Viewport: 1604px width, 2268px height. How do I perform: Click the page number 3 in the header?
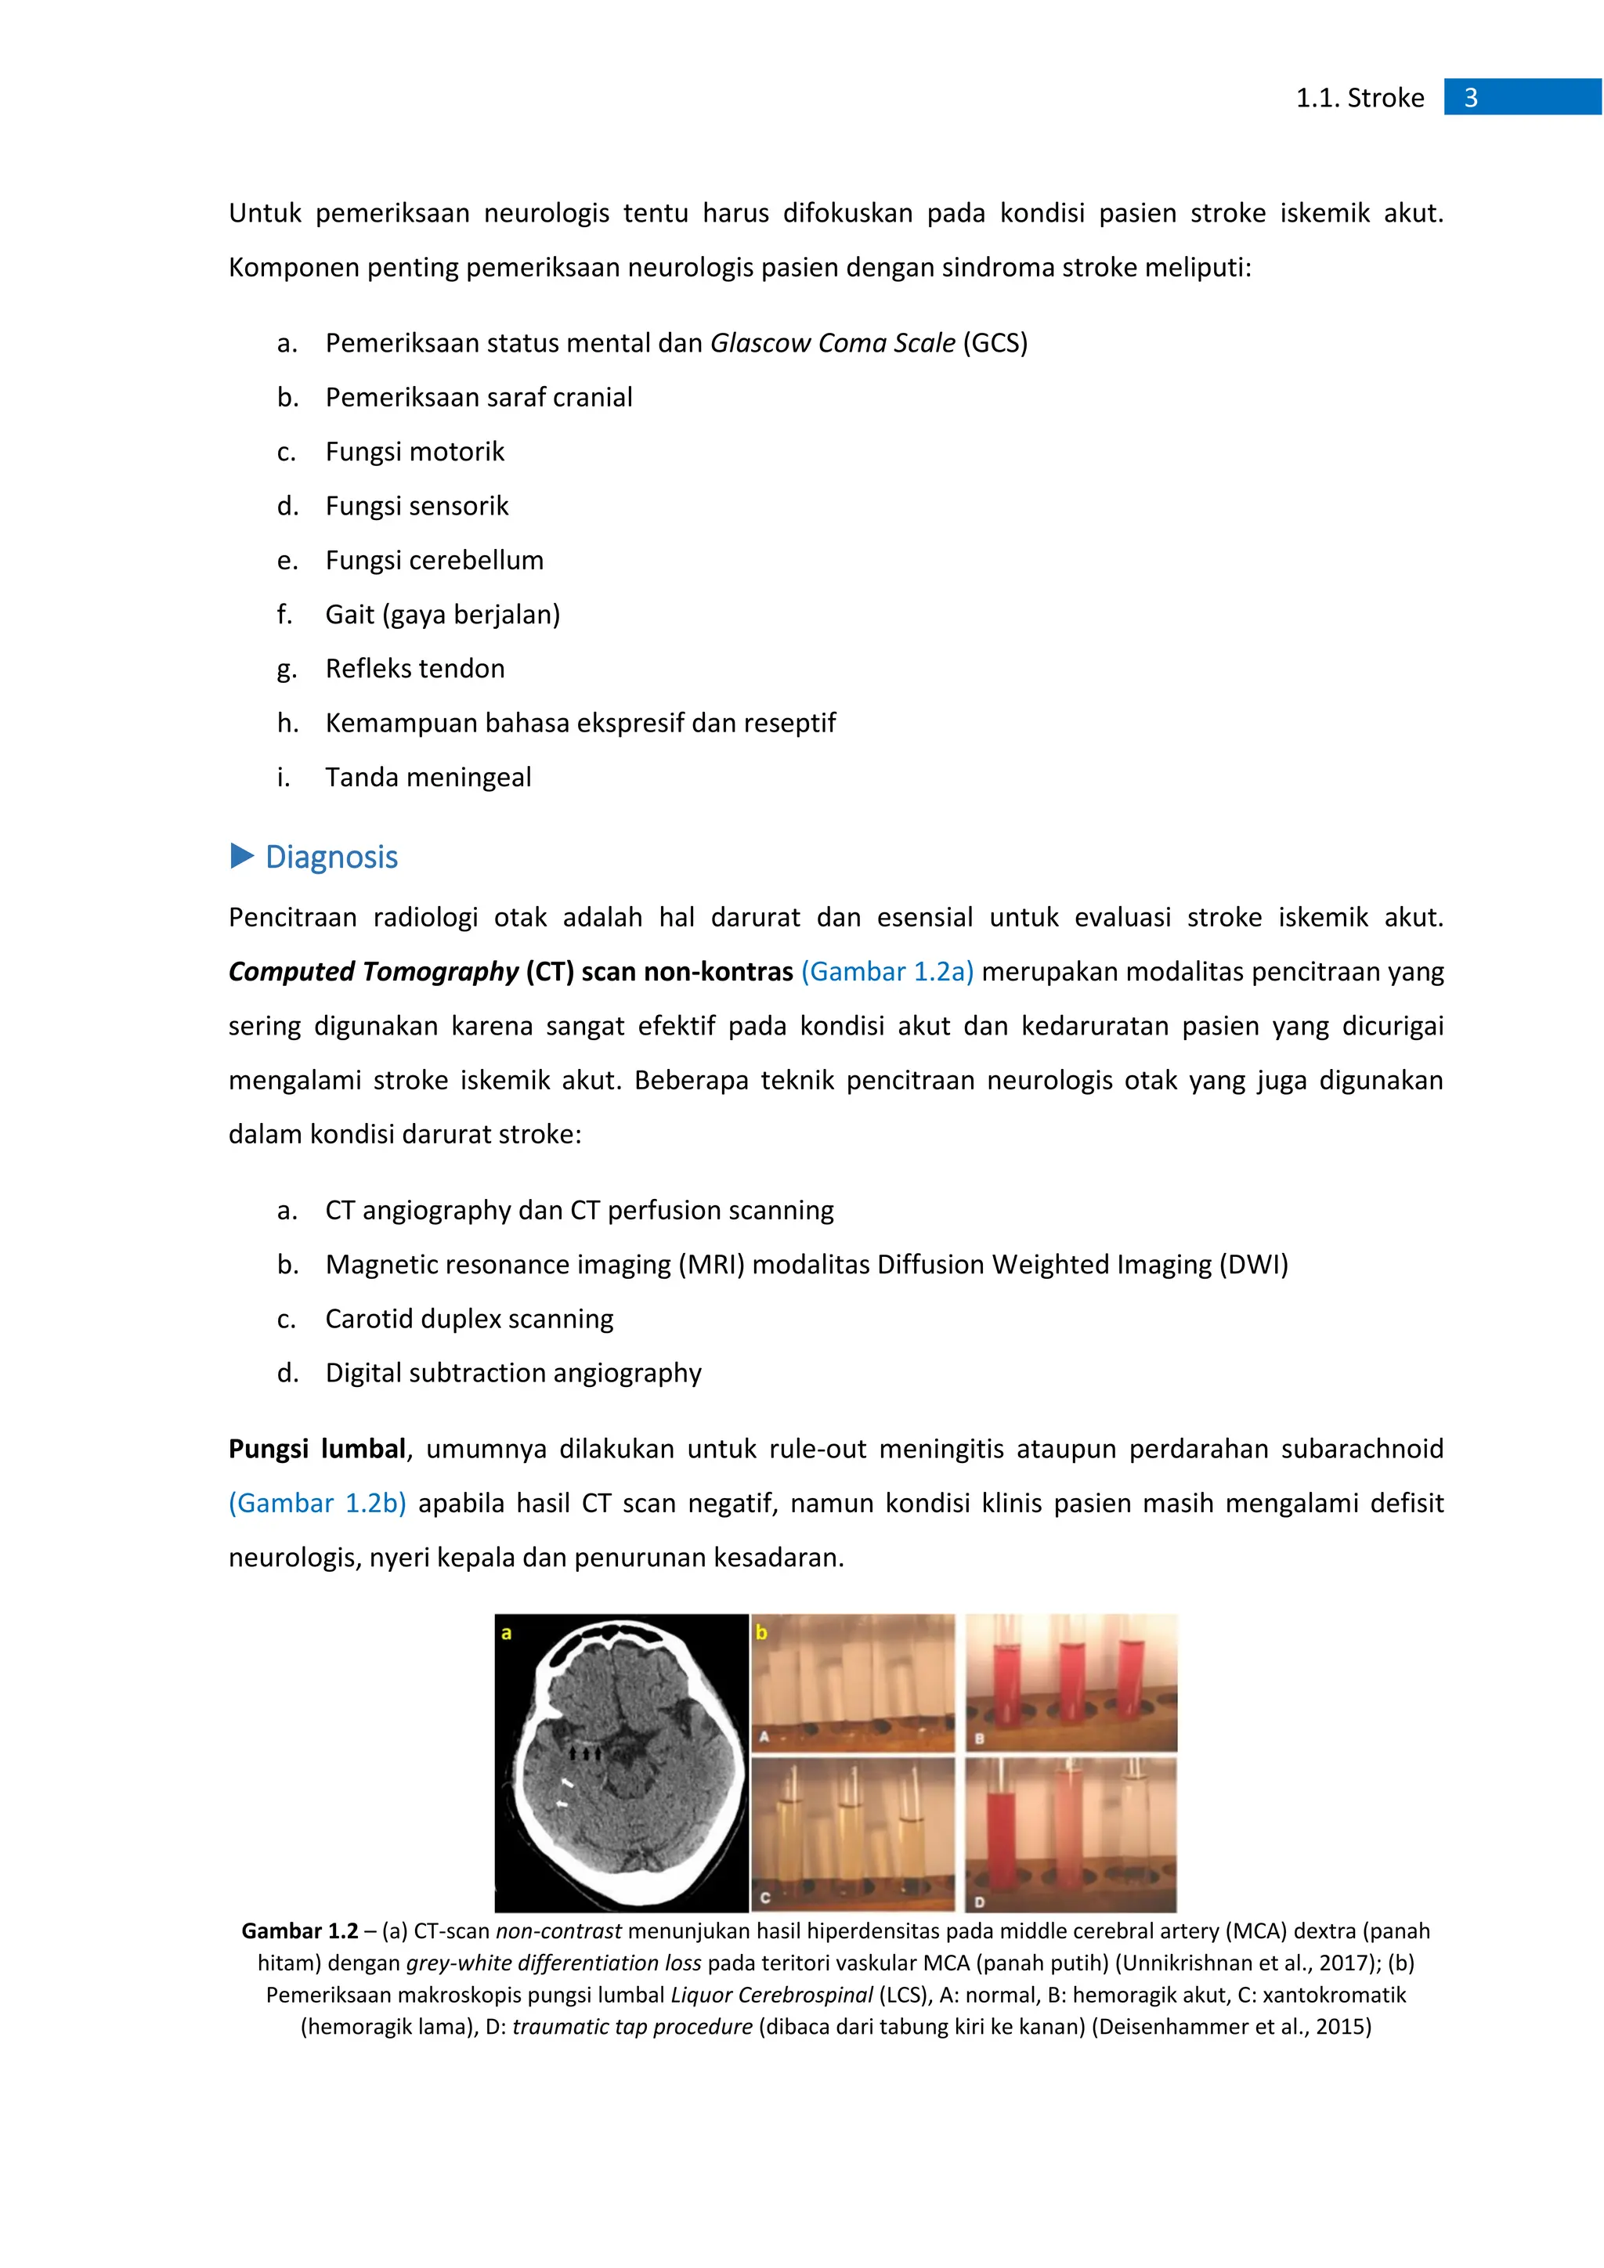(x=1471, y=98)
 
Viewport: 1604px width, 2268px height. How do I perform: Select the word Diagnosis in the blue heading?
(x=332, y=857)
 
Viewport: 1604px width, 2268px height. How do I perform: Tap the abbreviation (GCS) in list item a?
(x=995, y=343)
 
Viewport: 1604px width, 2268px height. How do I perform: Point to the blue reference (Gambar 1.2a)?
(x=887, y=972)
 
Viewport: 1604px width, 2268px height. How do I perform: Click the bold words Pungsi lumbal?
(x=317, y=1449)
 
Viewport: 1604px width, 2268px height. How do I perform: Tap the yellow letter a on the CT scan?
(x=507, y=1634)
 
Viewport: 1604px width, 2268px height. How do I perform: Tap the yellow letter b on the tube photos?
(x=761, y=1633)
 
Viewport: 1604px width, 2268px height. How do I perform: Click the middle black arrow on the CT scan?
(x=586, y=1753)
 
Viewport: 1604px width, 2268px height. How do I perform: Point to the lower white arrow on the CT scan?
(x=562, y=1804)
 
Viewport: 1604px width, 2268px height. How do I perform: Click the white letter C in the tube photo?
(x=765, y=1898)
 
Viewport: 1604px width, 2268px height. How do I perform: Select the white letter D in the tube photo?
(x=979, y=1901)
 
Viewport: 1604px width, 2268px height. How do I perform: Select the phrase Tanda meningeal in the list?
(x=428, y=778)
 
